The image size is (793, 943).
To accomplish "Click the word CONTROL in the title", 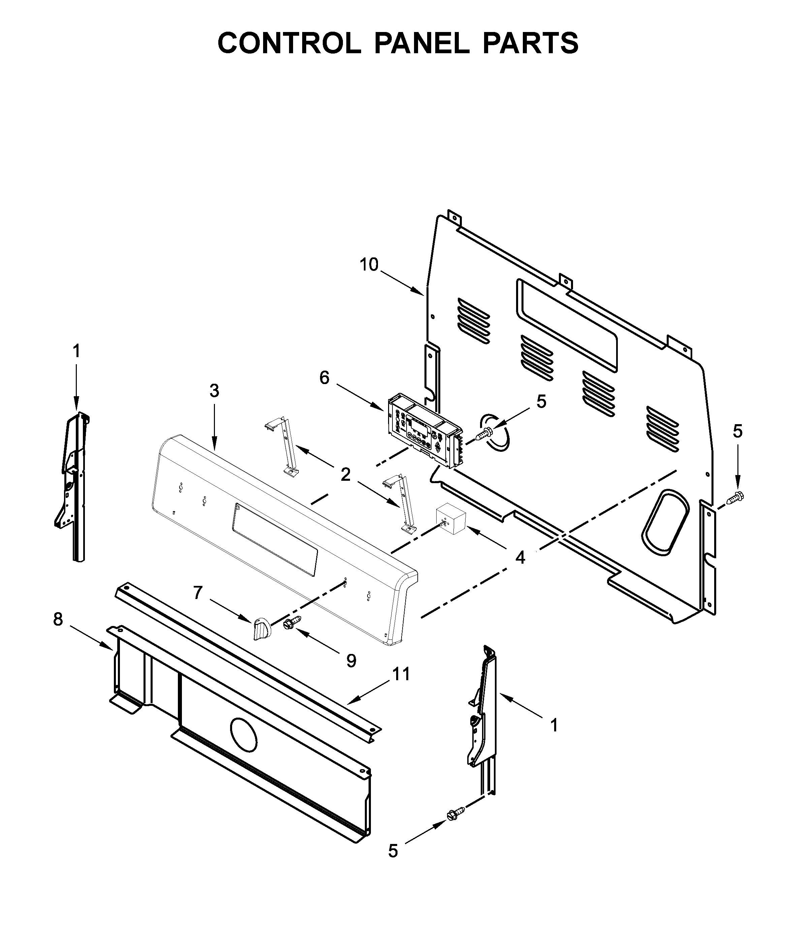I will click(x=289, y=43).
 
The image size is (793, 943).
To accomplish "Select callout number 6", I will click(x=324, y=378).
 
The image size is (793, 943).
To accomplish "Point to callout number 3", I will click(x=215, y=391).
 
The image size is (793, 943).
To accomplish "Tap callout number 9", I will click(x=351, y=660).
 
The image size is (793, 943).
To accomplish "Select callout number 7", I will click(x=198, y=593).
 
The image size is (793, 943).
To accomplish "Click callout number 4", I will click(x=520, y=558).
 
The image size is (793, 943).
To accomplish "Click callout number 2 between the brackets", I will click(x=345, y=474).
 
